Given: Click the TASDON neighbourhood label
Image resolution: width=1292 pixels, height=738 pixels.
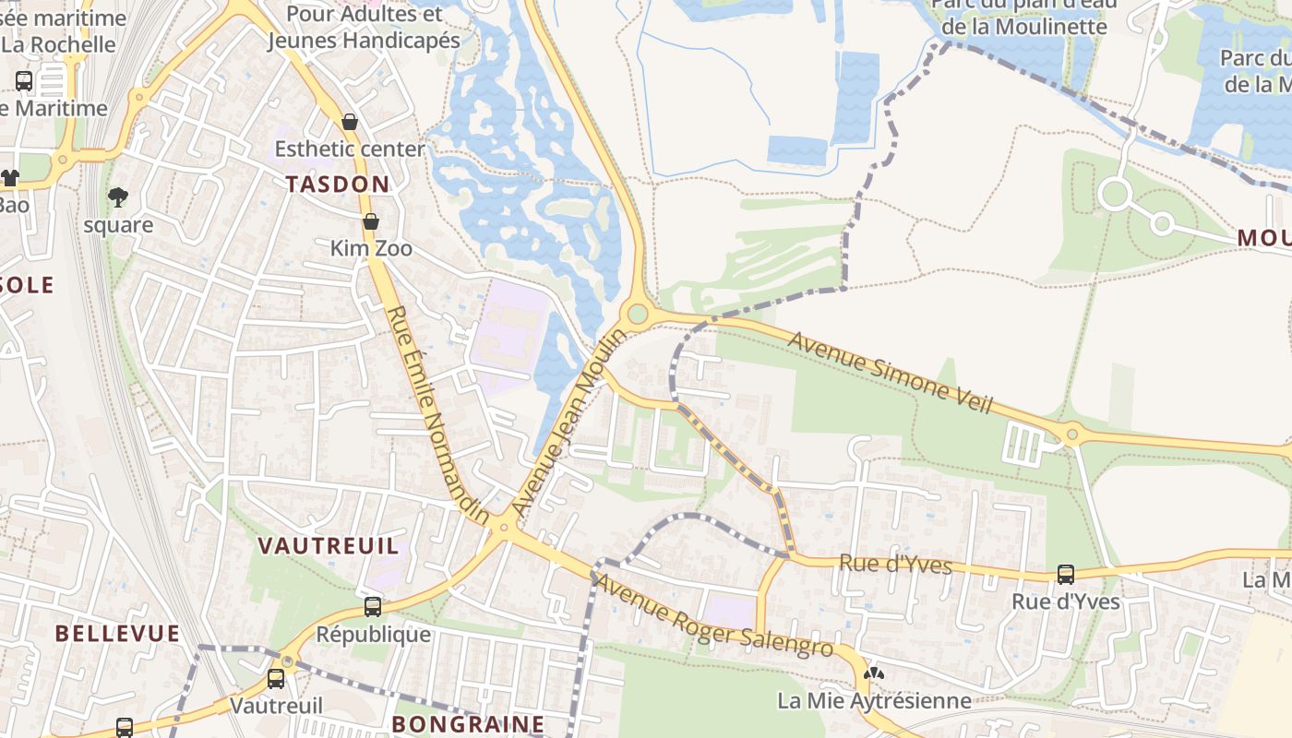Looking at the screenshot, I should point(337,184).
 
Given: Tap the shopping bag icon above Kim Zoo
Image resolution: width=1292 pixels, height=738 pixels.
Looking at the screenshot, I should point(370,221).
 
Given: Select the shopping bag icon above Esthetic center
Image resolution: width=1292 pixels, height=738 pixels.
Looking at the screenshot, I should point(350,122).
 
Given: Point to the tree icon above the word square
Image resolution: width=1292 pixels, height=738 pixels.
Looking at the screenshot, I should point(117,196).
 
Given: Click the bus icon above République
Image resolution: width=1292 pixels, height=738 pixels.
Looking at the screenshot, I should point(373,607).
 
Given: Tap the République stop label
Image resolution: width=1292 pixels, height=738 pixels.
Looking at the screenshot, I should point(373,635).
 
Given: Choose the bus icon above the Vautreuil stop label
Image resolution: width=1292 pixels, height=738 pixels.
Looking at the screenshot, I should point(276,679).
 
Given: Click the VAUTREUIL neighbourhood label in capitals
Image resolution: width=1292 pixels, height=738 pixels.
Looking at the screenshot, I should point(329,546).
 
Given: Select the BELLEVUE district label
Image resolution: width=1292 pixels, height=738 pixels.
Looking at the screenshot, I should point(117,634).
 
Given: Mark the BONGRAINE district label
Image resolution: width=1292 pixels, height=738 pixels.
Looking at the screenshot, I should point(468,724).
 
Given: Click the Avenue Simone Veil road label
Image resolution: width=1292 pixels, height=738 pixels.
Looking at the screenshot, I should point(890,373).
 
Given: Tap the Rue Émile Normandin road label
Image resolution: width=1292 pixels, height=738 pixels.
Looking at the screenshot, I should point(438,415).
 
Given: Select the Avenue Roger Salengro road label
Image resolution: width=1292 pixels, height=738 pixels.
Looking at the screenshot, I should point(713,616).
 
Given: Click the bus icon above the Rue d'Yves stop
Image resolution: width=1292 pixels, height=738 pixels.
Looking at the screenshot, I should point(1066,575).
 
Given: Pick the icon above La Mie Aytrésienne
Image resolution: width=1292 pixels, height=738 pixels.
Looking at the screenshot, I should point(874,673).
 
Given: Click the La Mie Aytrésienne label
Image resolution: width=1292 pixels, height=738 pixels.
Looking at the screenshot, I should point(874,701).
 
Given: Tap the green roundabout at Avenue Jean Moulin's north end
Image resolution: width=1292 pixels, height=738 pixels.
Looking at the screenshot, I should point(637,315).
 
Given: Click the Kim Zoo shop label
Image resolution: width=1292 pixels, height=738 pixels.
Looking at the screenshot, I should point(371,249).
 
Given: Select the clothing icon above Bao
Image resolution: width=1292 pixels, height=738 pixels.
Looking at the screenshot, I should point(9,178).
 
